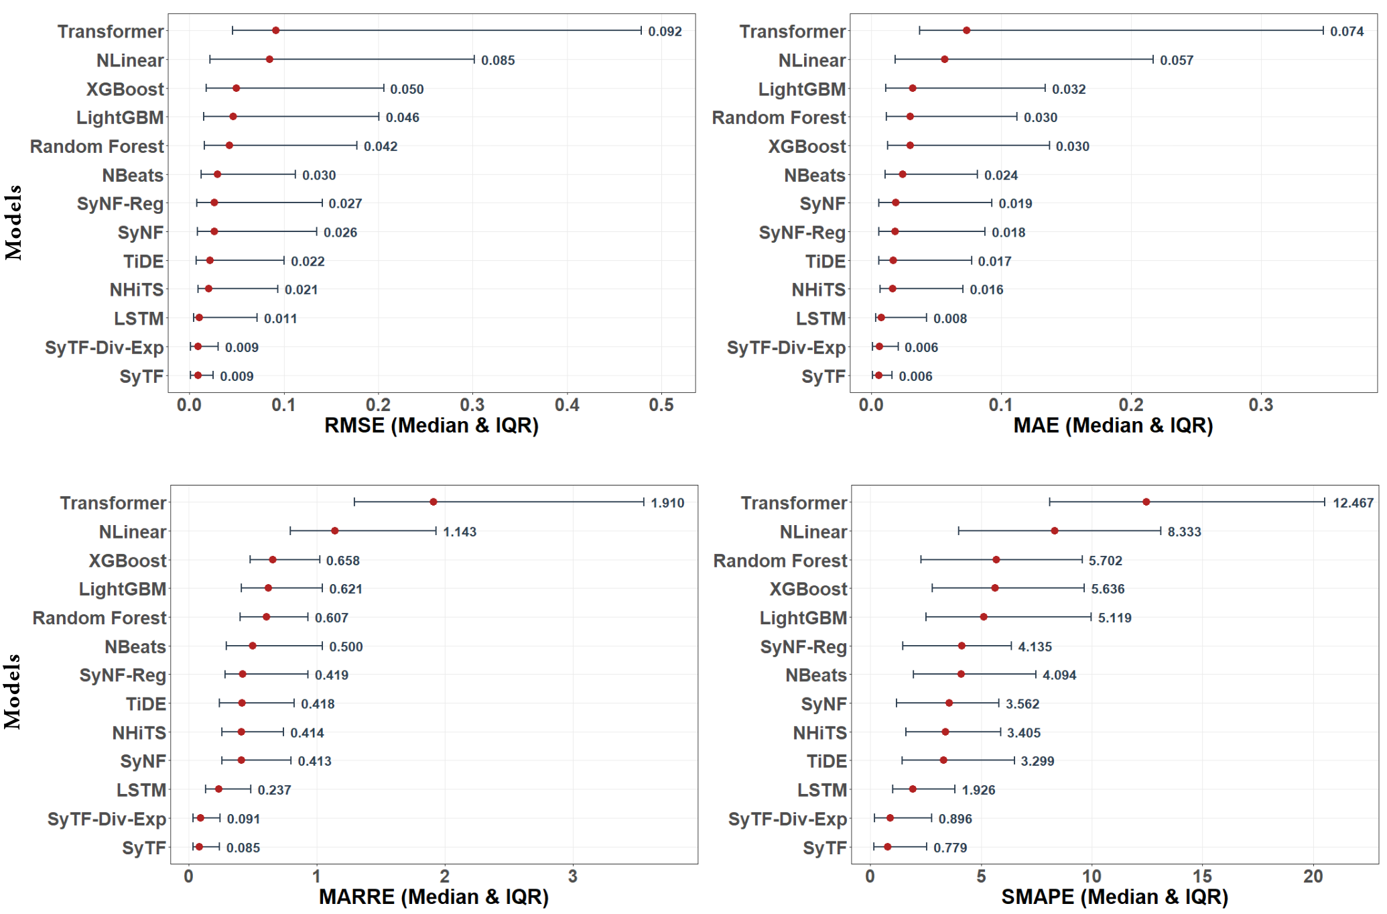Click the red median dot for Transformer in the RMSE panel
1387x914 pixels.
[275, 31]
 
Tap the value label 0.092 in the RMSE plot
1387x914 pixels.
[664, 32]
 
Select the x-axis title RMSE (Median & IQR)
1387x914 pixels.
[432, 425]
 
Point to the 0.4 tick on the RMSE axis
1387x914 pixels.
[567, 405]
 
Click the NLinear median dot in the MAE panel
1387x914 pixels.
[944, 60]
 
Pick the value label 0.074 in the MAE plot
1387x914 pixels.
[1346, 32]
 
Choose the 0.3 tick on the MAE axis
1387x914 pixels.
[1260, 405]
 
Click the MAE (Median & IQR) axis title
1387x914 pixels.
[1113, 425]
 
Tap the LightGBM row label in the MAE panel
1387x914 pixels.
[801, 89]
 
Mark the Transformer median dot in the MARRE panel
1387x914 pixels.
[434, 502]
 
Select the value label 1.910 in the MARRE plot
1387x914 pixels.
[667, 503]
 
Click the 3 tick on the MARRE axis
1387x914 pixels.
[572, 876]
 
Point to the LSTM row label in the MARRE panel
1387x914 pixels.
[141, 790]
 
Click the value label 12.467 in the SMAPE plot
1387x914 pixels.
[1353, 503]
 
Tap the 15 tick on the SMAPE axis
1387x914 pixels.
[1202, 876]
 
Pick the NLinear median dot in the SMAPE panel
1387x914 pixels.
[1055, 531]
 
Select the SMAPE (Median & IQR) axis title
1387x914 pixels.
[1114, 897]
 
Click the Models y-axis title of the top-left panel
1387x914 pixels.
[13, 222]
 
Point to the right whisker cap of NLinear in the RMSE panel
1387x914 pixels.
[474, 60]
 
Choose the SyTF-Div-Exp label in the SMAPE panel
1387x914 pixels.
[787, 819]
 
